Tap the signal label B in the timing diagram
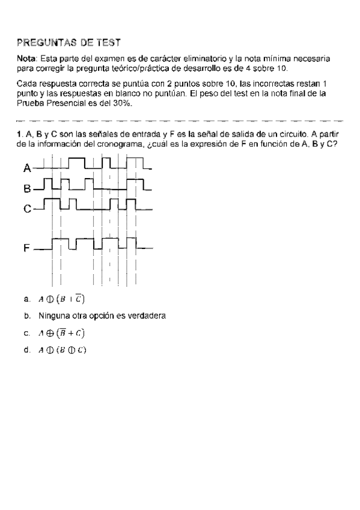pos(27,188)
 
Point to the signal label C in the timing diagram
pos(28,209)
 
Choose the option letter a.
pos(27,299)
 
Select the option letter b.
pos(27,315)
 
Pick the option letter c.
pos(27,333)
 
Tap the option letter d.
pos(27,350)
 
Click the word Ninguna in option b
pos(52,315)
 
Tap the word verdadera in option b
pos(145,315)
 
